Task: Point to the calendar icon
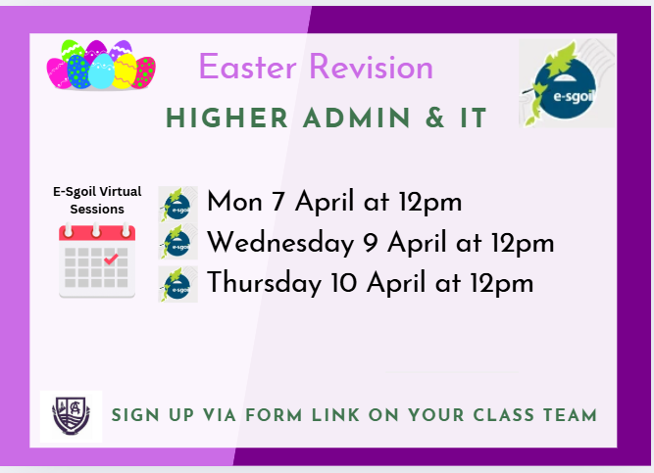96,260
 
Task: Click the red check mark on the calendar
111,260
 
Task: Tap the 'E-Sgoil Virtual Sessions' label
89,200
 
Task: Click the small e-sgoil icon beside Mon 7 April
177,204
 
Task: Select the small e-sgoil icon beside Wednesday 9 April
177,244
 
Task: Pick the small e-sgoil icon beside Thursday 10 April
177,284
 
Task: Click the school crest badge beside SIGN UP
71,415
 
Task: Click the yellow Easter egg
125,71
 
